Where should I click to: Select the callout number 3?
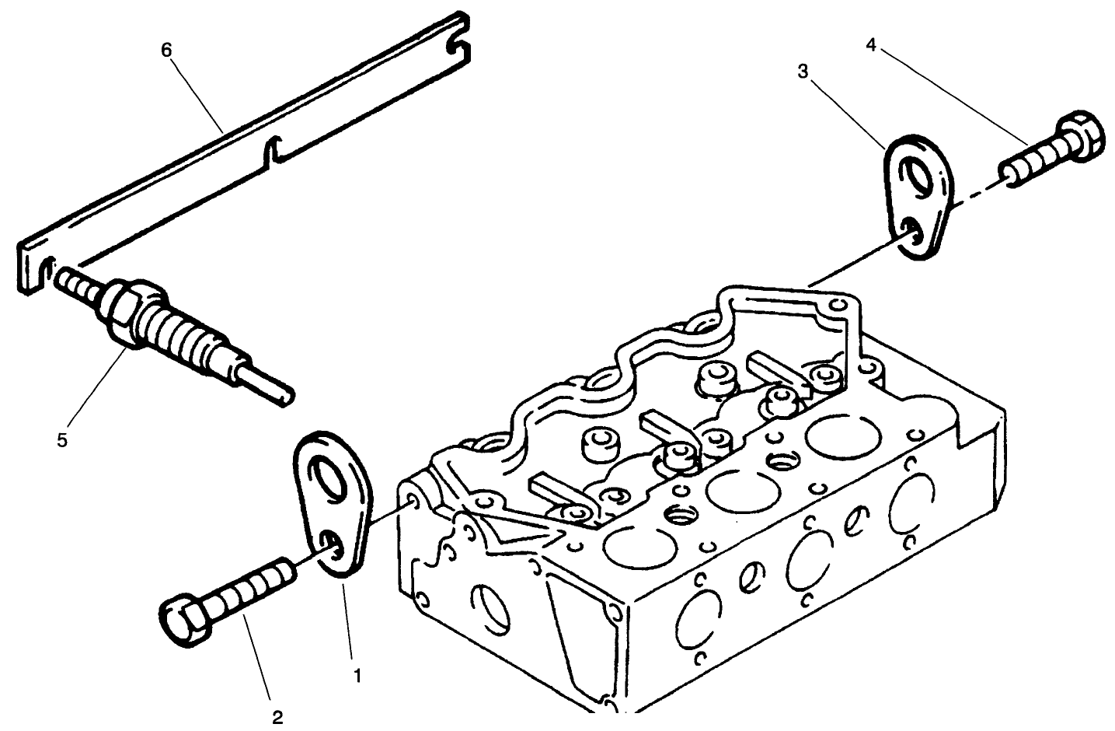[803, 72]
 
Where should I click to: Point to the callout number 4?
[871, 46]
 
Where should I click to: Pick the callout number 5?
[62, 440]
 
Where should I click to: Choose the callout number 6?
[166, 50]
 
